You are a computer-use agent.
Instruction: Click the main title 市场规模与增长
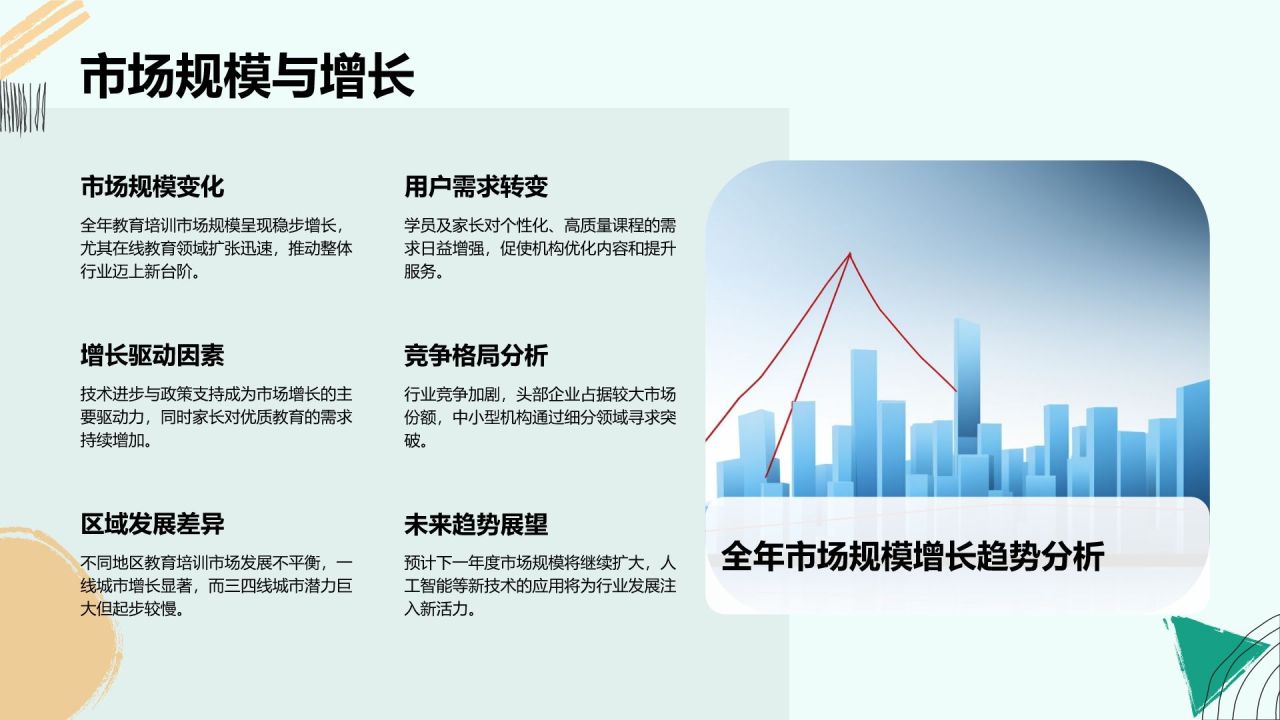pyautogui.click(x=247, y=75)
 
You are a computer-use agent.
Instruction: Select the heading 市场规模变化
pyautogui.click(x=152, y=187)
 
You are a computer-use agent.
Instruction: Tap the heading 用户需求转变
pyautogui.click(x=476, y=187)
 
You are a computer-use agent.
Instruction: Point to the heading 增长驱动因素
pyautogui.click(x=152, y=355)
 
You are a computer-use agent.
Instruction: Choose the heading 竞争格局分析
pyautogui.click(x=476, y=355)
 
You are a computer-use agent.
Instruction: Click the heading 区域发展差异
pyautogui.click(x=152, y=524)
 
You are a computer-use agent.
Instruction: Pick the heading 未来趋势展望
pyautogui.click(x=476, y=524)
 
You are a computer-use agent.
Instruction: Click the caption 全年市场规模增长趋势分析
pyautogui.click(x=913, y=556)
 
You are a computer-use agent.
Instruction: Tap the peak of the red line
pyautogui.click(x=850, y=254)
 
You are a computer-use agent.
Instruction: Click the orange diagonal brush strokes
pyautogui.click(x=43, y=34)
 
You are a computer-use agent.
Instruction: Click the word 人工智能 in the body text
pyautogui.click(x=444, y=586)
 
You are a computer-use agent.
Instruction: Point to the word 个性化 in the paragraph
pyautogui.click(x=524, y=226)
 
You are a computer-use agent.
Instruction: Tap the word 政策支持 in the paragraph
pyautogui.click(x=192, y=394)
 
